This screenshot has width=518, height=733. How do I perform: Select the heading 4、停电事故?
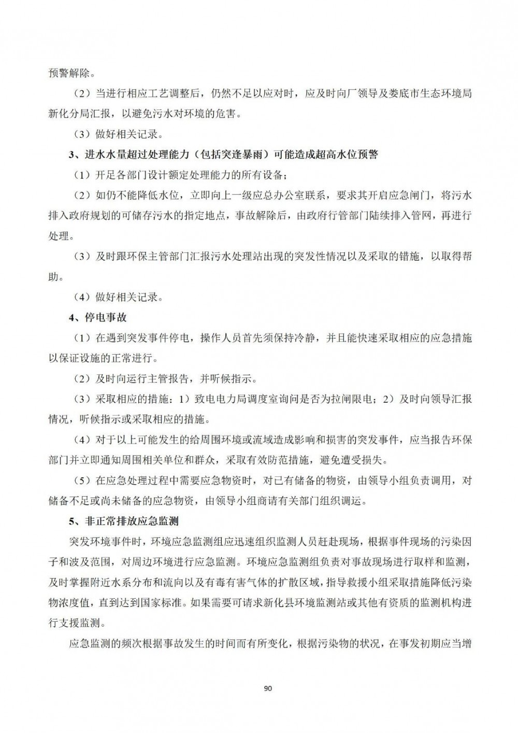click(x=98, y=317)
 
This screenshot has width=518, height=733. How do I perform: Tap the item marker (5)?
click(x=82, y=481)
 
